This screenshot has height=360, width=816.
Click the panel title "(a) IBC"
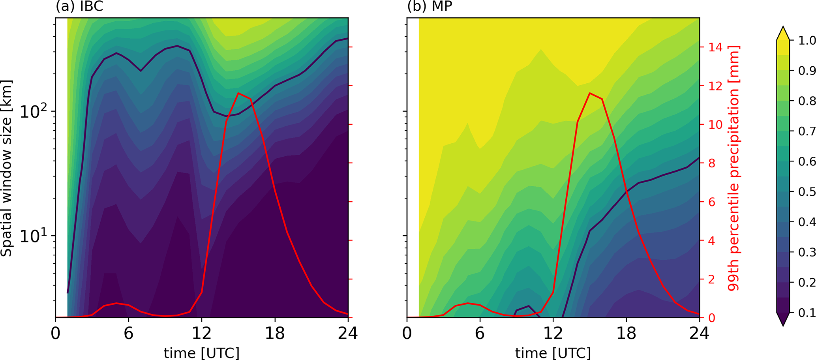click(79, 7)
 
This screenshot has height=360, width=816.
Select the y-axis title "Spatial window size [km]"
click(7, 168)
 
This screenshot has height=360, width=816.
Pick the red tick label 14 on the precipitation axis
click(715, 47)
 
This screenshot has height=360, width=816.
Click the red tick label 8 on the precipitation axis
click(712, 163)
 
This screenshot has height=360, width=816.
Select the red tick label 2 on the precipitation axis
click(712, 279)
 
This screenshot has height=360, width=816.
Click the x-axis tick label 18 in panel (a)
click(275, 334)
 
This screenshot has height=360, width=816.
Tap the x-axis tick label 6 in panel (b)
click(480, 334)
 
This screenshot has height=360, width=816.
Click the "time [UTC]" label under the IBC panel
click(201, 352)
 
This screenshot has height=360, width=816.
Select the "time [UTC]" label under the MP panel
click(553, 352)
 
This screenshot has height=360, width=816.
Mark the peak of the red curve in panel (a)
click(238, 93)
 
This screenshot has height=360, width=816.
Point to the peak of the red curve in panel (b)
click(589, 93)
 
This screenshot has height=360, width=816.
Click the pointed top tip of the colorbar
click(782, 27)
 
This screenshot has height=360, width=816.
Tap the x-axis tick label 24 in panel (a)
click(348, 334)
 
